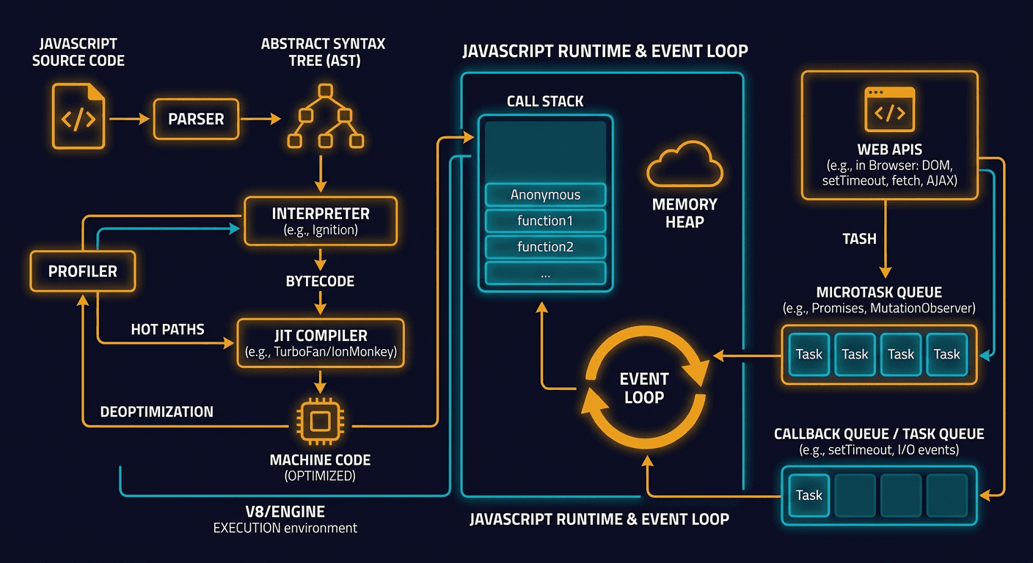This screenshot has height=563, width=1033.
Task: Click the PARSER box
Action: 196,119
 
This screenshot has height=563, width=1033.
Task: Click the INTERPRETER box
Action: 321,221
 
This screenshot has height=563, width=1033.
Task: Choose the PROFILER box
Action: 83,271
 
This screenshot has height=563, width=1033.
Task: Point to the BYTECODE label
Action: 320,281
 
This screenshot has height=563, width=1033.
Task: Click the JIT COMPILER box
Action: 321,342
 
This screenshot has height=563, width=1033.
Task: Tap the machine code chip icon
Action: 320,423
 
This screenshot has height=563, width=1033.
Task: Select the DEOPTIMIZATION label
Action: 157,411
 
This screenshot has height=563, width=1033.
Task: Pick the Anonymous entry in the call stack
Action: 545,195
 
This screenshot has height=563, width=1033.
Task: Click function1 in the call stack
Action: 545,221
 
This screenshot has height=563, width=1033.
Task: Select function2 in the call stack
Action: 545,247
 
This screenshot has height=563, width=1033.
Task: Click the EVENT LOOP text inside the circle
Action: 643,389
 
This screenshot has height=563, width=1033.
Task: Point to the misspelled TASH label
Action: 859,239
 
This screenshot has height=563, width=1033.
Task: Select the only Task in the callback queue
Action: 808,495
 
